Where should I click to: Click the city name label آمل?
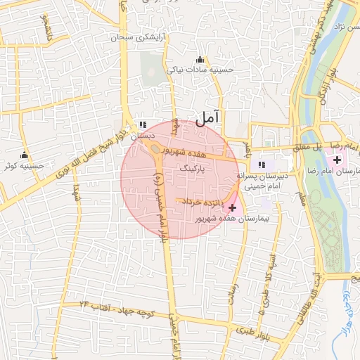208,119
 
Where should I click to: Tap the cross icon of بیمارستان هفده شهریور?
232,207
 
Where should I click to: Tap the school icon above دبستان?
143,124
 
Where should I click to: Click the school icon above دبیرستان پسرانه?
262,165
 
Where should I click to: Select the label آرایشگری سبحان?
139,37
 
